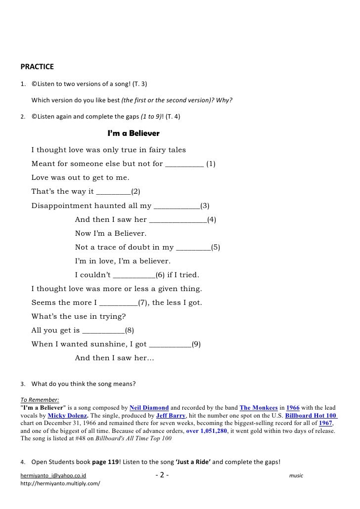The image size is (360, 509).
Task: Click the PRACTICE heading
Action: [37, 66]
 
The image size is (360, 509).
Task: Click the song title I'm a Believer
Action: [134, 134]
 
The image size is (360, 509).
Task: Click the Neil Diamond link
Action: [149, 408]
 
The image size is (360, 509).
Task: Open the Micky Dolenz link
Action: [67, 416]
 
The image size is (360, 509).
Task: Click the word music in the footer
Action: [296, 476]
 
